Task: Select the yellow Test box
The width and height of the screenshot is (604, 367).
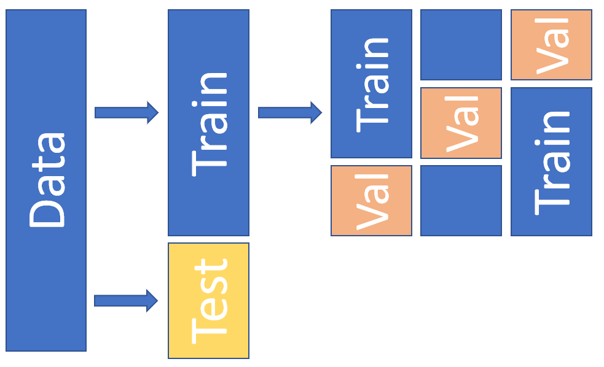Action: [x=208, y=300]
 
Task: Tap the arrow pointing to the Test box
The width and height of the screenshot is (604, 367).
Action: [x=126, y=300]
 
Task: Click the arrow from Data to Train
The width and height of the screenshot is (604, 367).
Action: [x=126, y=112]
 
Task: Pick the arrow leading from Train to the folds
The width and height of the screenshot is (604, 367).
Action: [x=289, y=112]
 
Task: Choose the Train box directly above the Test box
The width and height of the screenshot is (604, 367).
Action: [x=208, y=122]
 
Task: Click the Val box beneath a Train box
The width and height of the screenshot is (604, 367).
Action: [x=371, y=201]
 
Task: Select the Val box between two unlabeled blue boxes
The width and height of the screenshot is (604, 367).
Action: [x=461, y=123]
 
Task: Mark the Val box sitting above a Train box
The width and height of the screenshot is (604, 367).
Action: [x=551, y=45]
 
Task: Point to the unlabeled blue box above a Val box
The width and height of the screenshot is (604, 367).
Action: [x=461, y=45]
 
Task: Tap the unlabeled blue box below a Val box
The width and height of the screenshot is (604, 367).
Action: [x=461, y=201]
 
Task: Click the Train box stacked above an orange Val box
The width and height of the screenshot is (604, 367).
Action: [x=371, y=83]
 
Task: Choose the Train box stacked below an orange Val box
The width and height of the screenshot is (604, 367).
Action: [x=551, y=161]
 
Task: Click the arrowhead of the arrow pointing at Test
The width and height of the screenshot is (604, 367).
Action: [x=152, y=300]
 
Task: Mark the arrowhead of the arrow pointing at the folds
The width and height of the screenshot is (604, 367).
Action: [x=316, y=112]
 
